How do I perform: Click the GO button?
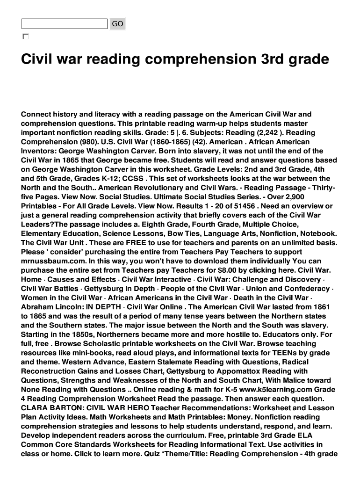pos(117,24)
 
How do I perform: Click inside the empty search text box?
pos(64,24)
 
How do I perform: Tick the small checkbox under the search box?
pos(25,36)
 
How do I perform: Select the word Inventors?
pos(40,151)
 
